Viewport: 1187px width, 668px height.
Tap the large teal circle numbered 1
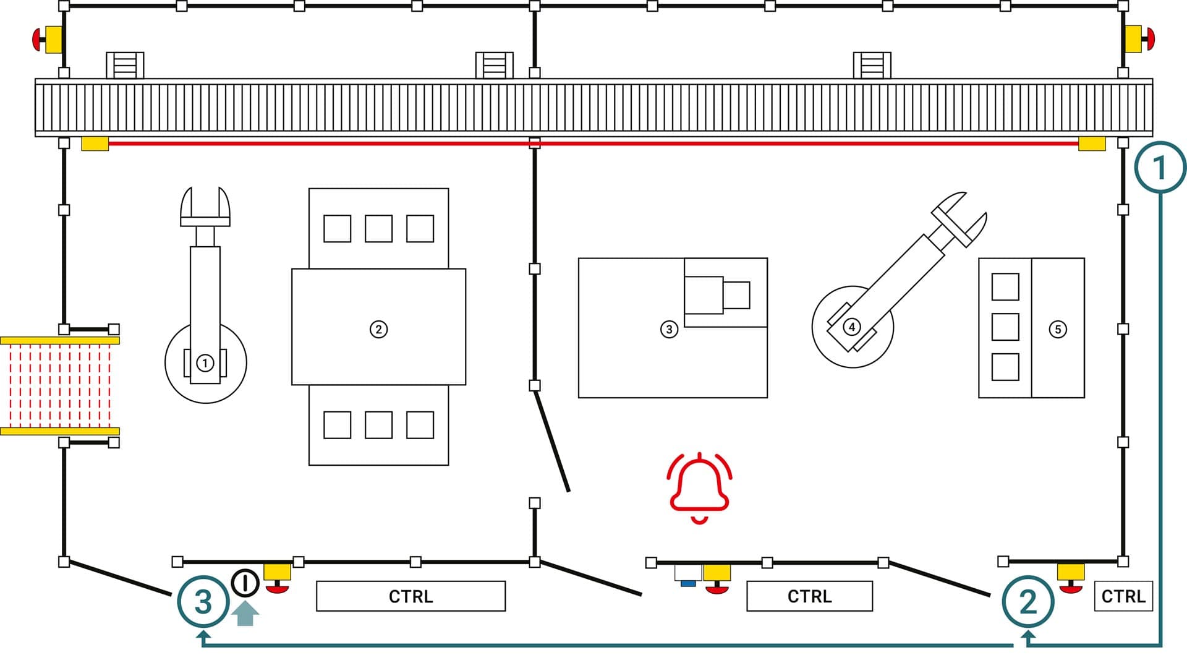coord(1160,168)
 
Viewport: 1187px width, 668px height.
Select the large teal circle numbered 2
coord(1027,601)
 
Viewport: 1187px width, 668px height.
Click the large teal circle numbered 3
coord(203,601)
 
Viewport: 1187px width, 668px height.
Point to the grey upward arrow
coord(245,614)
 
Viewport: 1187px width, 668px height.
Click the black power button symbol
coord(245,583)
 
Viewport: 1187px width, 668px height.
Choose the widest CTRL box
coord(411,596)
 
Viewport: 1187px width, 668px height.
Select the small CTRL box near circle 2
coord(1123,596)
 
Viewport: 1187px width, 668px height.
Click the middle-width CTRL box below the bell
coord(809,596)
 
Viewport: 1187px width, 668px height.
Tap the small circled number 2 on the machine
coord(378,329)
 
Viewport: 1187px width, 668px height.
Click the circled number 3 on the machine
coord(669,329)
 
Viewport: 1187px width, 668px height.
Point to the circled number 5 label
coord(1058,329)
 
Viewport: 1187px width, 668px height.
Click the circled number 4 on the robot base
coord(852,327)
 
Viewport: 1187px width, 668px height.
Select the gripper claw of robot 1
coord(205,207)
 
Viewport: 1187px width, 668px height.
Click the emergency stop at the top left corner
coord(48,40)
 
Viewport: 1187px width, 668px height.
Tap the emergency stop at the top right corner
coord(1139,39)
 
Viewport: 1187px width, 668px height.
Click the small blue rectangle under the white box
coord(687,583)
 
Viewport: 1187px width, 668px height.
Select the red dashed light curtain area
coord(60,385)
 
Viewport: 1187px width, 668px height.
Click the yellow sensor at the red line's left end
coord(95,144)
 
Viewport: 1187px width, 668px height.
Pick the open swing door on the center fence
coord(551,442)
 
